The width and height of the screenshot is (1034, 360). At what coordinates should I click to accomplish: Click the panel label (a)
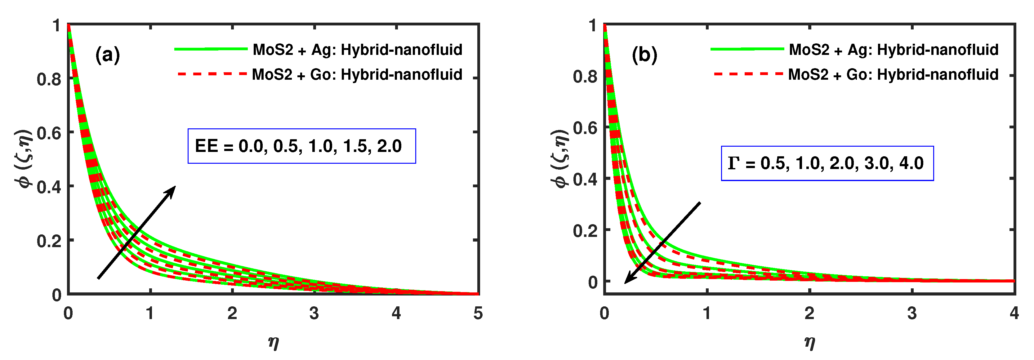(x=107, y=55)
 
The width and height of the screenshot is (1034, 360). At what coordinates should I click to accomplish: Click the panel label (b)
(x=644, y=55)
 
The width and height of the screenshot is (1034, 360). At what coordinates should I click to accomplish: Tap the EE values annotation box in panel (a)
(x=301, y=146)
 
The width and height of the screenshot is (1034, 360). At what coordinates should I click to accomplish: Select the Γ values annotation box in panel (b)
(x=827, y=163)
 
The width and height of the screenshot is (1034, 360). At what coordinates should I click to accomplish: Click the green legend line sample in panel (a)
(x=211, y=49)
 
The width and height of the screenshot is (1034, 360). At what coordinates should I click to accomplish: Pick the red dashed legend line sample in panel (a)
(x=212, y=74)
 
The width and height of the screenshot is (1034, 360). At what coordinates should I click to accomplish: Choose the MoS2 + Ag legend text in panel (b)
(x=894, y=50)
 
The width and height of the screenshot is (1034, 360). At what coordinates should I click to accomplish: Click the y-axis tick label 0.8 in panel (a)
(x=49, y=79)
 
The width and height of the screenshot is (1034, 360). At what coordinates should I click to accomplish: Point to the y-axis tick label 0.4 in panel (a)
(x=49, y=187)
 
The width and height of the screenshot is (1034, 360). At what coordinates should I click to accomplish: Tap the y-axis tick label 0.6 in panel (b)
(x=585, y=128)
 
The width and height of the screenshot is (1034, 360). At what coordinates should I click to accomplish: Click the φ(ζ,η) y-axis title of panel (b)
(x=559, y=158)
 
